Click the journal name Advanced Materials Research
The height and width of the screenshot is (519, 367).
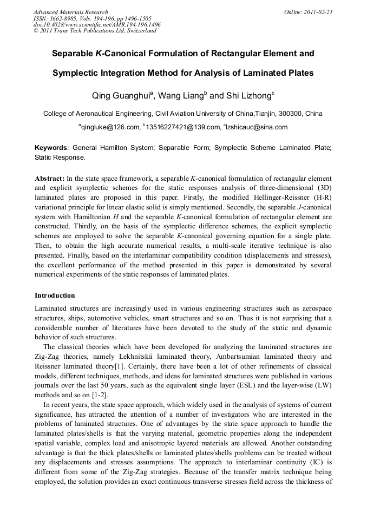coord(70,12)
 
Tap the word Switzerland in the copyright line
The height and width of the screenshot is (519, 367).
coord(141,31)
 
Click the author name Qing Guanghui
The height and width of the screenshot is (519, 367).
coord(121,95)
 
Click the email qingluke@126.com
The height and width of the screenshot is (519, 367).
coord(110,127)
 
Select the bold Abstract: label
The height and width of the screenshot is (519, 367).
coord(50,179)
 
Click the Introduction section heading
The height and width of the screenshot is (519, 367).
coord(55,295)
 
